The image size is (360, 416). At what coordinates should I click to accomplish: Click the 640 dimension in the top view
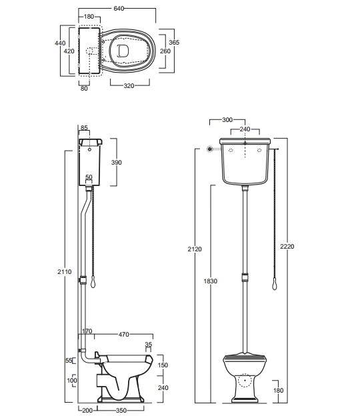point(119,9)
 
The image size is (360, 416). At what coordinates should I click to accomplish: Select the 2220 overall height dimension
point(287,247)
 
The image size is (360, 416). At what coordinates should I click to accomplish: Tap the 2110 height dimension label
point(65,272)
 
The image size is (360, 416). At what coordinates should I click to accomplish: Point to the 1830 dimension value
point(211,281)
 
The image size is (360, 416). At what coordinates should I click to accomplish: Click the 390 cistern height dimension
point(116,163)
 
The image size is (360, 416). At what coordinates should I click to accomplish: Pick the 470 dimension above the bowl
point(123,335)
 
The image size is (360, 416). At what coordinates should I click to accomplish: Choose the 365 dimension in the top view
point(174,42)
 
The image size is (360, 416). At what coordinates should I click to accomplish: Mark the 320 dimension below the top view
point(129,86)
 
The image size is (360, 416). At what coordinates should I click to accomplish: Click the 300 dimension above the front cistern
point(227,120)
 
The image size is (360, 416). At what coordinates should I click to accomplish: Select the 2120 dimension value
point(195,249)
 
